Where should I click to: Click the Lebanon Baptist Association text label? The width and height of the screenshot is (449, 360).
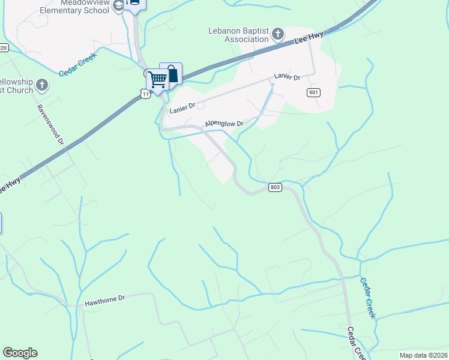click(x=238, y=34)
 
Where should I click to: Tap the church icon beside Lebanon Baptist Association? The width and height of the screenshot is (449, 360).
click(x=277, y=34)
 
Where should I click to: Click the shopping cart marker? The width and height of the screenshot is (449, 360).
click(x=157, y=80)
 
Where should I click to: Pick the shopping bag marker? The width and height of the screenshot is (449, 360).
click(x=171, y=74)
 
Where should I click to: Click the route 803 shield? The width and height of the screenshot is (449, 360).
click(x=275, y=187)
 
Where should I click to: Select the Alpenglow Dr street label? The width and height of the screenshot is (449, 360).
click(x=224, y=124)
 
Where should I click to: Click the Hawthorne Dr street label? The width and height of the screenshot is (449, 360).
click(x=104, y=298)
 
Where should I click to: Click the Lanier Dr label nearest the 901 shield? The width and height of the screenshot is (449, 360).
click(x=286, y=77)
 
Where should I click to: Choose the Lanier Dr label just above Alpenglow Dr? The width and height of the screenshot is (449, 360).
click(x=182, y=107)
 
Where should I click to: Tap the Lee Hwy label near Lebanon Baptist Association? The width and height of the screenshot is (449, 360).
click(x=309, y=39)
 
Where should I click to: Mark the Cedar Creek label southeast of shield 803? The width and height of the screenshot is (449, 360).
click(x=367, y=297)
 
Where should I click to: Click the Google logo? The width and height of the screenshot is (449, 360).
click(x=20, y=353)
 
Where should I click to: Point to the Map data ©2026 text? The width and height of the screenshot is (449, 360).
click(x=423, y=355)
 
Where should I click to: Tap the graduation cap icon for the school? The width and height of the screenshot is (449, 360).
click(x=118, y=5)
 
